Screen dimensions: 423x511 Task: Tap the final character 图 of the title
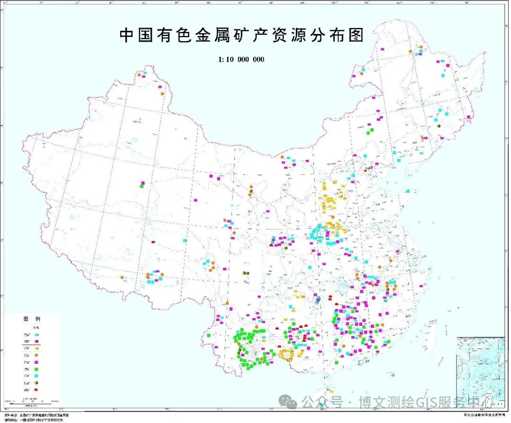356,36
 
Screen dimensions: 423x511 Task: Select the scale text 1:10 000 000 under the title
241,59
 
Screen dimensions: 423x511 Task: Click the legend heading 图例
32,319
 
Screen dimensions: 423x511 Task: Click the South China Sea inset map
480,369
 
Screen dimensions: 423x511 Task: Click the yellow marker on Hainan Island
332,391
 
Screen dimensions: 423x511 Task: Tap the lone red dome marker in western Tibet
153,242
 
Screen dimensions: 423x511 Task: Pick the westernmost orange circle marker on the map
123,278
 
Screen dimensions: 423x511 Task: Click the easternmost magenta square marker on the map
469,117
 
